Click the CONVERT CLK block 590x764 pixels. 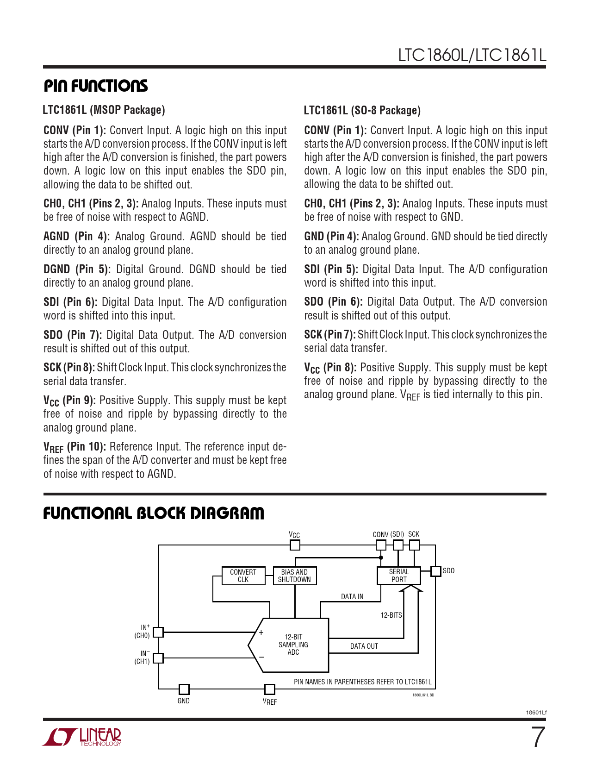243,576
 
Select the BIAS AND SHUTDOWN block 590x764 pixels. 294,576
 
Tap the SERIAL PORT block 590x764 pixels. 399,576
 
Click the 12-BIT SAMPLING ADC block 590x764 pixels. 293,645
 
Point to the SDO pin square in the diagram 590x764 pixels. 435,571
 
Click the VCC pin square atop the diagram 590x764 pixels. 295,545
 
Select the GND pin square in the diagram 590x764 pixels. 184,689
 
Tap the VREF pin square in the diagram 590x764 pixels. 269,689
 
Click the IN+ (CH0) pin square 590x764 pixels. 158,632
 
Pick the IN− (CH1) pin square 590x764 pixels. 158,658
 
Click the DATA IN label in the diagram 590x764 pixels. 352,596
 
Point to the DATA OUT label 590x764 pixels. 364,646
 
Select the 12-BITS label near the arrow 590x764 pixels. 391,615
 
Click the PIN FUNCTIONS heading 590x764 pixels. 96,86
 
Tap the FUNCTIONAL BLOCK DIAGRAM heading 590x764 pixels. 154,513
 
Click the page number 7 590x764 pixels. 537,737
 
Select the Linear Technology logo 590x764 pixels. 82,737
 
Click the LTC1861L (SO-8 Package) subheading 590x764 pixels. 362,110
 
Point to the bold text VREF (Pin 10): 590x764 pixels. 75,447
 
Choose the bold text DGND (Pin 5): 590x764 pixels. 77,269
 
